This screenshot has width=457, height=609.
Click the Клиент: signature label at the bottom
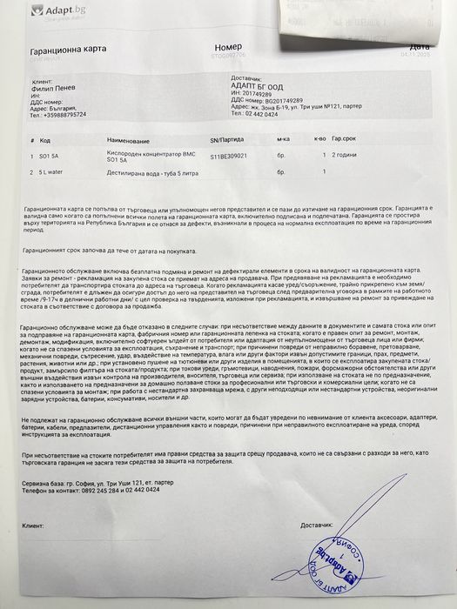click(x=34, y=526)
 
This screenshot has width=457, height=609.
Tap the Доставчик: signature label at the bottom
click(x=317, y=525)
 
